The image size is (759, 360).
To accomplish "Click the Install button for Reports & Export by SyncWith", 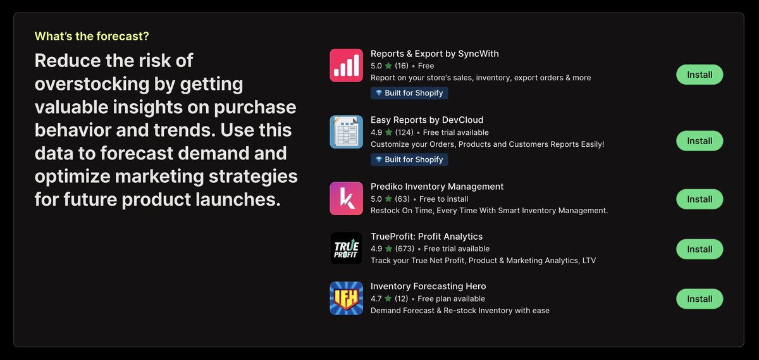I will coord(700,75).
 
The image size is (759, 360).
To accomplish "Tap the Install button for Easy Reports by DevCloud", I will coord(700,141).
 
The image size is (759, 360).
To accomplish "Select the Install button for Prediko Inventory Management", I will coord(700,199).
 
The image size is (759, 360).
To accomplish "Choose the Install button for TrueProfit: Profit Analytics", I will coord(700,249).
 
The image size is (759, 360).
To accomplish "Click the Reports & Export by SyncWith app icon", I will coord(346,65).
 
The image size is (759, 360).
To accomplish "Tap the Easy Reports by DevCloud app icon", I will coord(346,132).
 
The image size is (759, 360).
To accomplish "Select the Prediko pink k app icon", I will coord(346,199).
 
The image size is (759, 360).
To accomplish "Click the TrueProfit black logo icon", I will coord(346,248).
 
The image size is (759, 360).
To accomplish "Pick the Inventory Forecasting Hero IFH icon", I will coord(346,298).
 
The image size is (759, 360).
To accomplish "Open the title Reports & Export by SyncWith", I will coord(435,54).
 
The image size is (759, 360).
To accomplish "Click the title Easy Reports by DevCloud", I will coord(427,120).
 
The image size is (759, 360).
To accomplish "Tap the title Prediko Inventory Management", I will coord(437,187).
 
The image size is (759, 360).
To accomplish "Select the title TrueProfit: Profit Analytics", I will coord(426,237).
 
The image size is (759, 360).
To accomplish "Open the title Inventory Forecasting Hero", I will coord(428,287).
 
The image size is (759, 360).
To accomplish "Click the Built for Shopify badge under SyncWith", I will coord(409,93).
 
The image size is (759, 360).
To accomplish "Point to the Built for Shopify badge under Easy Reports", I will coord(409,159).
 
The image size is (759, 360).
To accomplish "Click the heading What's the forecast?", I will coord(92,36).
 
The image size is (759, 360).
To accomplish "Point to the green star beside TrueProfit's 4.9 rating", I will coord(388,249).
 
